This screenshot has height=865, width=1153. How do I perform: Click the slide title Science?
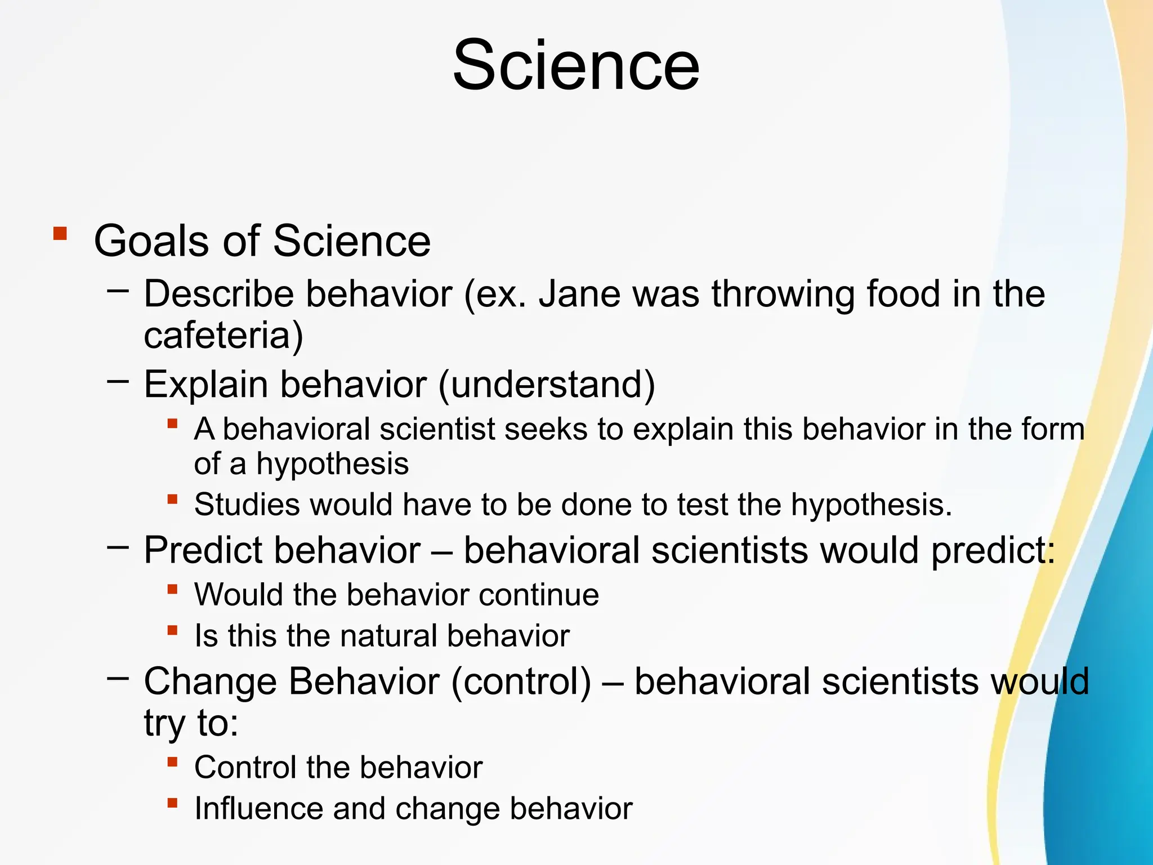click(576, 65)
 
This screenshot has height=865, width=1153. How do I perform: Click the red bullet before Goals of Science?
click(60, 234)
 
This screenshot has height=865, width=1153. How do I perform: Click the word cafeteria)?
click(224, 336)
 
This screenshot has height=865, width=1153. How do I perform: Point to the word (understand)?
click(547, 385)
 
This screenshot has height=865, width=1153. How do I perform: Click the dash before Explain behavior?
click(118, 382)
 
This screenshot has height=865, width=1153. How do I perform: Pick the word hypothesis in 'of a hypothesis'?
click(332, 465)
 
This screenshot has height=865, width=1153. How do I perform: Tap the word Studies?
click(246, 505)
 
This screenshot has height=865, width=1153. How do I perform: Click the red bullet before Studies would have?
click(173, 499)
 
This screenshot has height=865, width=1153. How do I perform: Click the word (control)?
click(521, 681)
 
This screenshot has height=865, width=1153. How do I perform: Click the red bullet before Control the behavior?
click(173, 762)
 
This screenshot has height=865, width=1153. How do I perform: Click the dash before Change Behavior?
click(118, 679)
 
